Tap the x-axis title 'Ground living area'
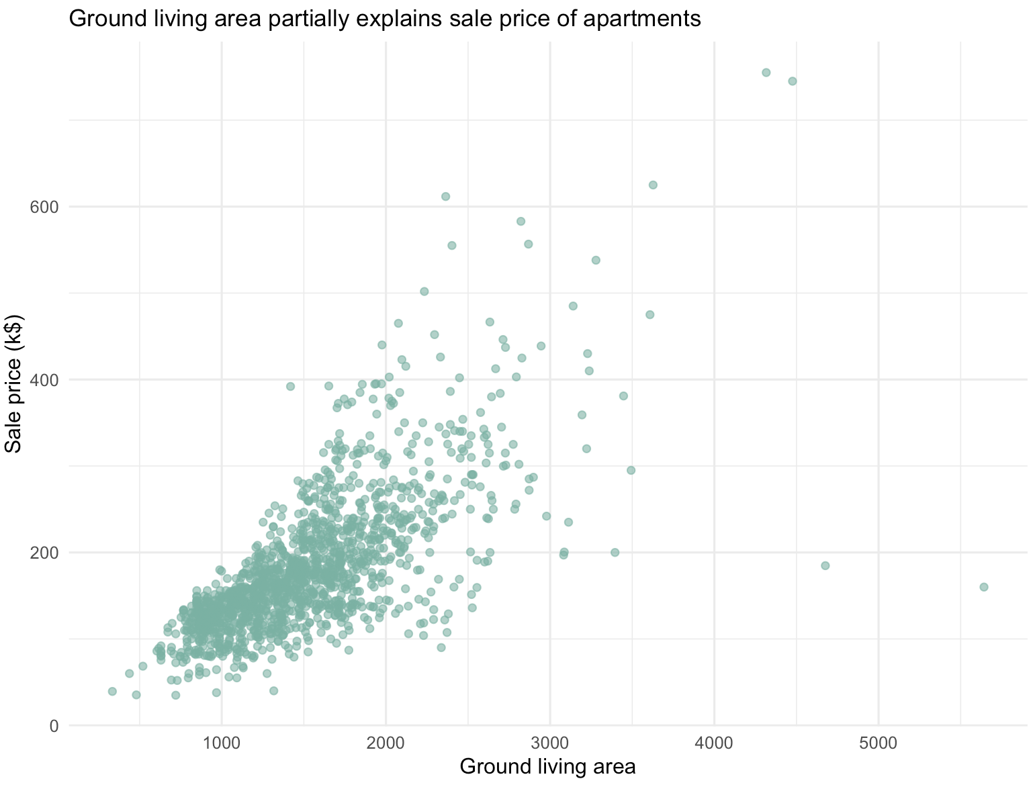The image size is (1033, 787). click(547, 766)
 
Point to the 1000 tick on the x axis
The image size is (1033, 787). click(222, 743)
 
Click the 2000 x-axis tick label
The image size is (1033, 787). click(386, 743)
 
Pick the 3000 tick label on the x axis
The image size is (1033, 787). click(550, 743)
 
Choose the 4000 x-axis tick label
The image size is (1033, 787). click(714, 743)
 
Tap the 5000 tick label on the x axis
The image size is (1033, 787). click(879, 743)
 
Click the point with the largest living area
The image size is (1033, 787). click(984, 587)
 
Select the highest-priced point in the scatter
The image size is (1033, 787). click(766, 73)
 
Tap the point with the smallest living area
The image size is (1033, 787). click(112, 692)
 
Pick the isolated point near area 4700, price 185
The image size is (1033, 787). click(825, 565)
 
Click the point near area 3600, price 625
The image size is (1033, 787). click(653, 185)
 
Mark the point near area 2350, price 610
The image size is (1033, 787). click(445, 197)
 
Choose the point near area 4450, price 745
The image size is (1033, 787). click(793, 81)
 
